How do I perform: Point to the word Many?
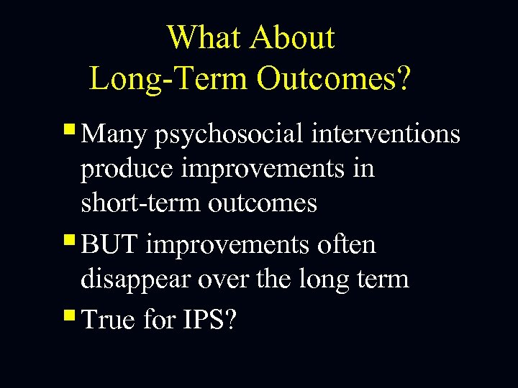click(114, 134)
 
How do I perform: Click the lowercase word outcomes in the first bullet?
click(263, 204)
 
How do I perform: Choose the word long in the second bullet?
click(324, 280)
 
